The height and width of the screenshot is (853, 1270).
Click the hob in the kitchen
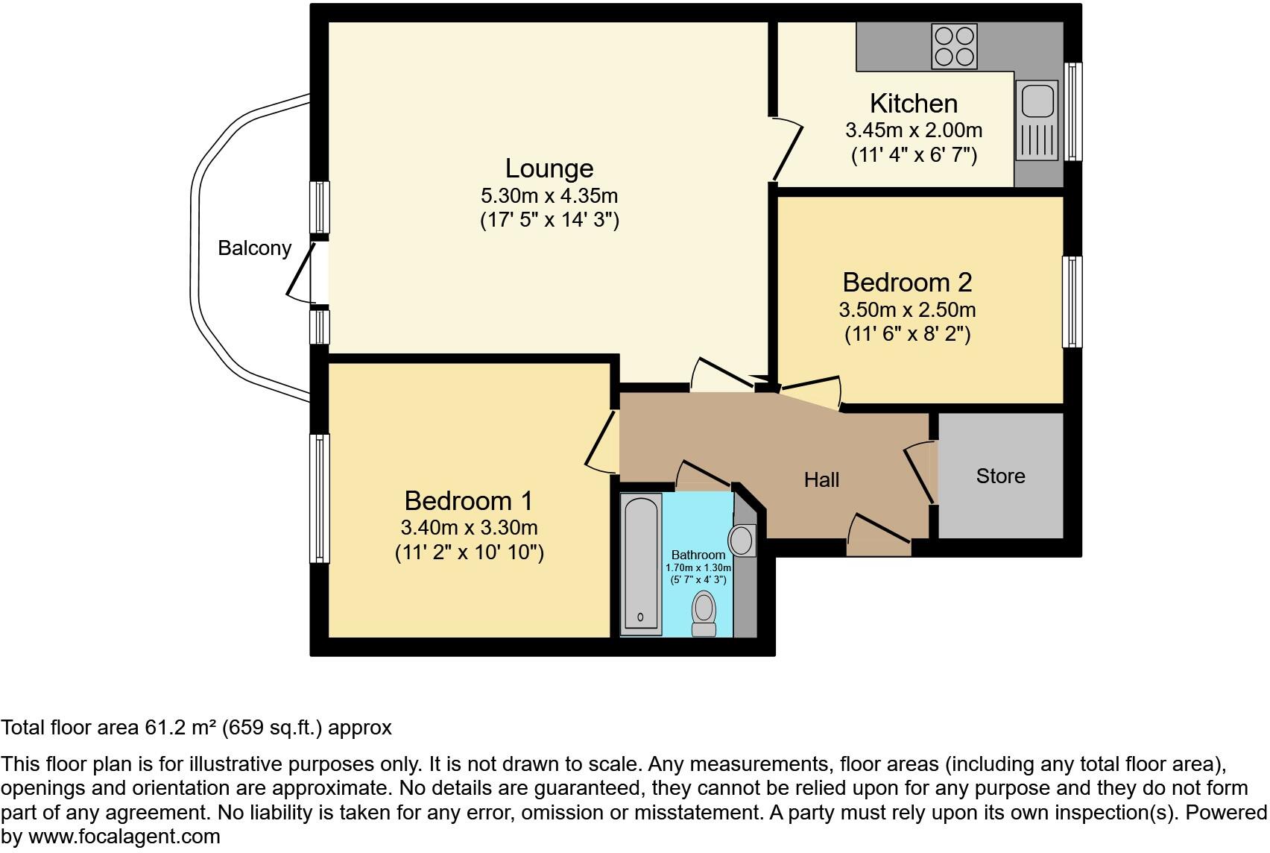tap(955, 46)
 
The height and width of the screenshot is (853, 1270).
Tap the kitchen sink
tap(1037, 120)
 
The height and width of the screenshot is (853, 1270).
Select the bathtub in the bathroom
tap(642, 564)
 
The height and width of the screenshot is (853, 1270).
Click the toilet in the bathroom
tap(704, 613)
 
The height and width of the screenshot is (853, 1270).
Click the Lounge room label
tap(549, 169)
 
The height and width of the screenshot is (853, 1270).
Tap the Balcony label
tap(254, 248)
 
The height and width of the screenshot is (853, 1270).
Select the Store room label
tap(1000, 476)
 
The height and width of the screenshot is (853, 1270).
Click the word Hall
tap(821, 479)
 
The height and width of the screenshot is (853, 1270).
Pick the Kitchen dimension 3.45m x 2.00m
tap(914, 130)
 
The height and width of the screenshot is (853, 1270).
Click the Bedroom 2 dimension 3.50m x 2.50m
tap(907, 309)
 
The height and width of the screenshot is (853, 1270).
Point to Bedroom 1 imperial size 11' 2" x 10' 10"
tap(469, 553)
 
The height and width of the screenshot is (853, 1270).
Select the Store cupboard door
tap(920, 473)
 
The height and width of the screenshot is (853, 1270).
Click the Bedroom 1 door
tap(601, 441)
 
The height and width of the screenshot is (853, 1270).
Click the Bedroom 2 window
tap(1072, 301)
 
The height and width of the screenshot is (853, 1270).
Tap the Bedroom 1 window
tap(319, 498)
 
